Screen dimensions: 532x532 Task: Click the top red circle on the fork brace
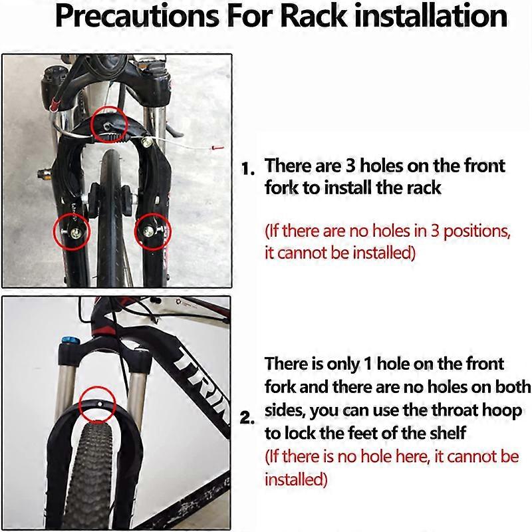tap(107, 123)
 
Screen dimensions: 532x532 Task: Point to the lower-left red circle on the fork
tap(69, 231)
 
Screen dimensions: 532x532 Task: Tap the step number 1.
tap(248, 168)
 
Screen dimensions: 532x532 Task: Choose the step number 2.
tap(247, 420)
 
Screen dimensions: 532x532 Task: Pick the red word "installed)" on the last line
tap(296, 479)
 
